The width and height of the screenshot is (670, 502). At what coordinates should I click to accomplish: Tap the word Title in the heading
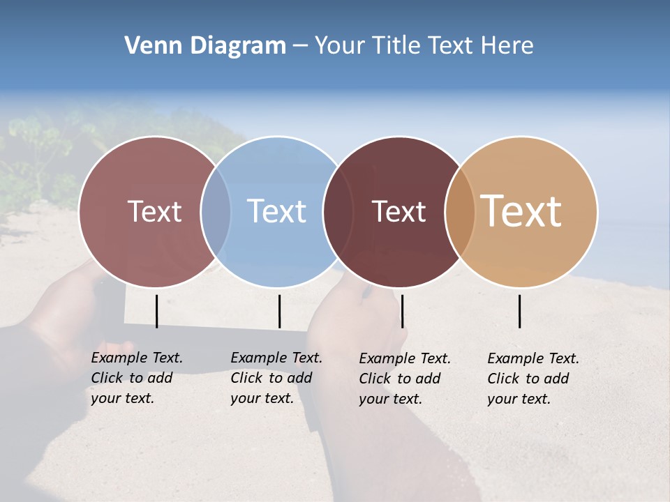pos(398,46)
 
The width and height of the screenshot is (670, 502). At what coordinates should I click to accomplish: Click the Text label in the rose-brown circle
pos(154,211)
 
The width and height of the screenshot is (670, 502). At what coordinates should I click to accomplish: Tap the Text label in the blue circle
pos(276,211)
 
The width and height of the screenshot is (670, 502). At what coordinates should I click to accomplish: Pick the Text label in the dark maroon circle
pos(399,211)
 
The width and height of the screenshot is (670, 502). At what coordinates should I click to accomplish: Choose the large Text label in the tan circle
pos(521,211)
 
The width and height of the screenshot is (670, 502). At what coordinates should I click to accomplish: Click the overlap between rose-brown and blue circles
pos(216,211)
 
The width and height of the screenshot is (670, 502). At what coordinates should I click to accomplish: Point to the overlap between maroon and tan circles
pos(460,211)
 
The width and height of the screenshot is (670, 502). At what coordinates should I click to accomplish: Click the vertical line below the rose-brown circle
pos(156,311)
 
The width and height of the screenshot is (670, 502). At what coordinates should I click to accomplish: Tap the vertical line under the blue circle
pos(279,311)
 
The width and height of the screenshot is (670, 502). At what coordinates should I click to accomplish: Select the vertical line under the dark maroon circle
pos(402,311)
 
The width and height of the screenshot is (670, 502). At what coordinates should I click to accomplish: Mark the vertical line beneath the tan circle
pos(519,311)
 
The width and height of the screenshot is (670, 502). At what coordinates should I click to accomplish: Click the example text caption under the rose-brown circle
pos(136,378)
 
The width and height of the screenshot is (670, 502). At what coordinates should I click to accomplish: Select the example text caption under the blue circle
pos(276,378)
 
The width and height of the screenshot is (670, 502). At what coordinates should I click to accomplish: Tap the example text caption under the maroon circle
pos(404,379)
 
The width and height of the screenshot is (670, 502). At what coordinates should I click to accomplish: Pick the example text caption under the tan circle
pos(533,379)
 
